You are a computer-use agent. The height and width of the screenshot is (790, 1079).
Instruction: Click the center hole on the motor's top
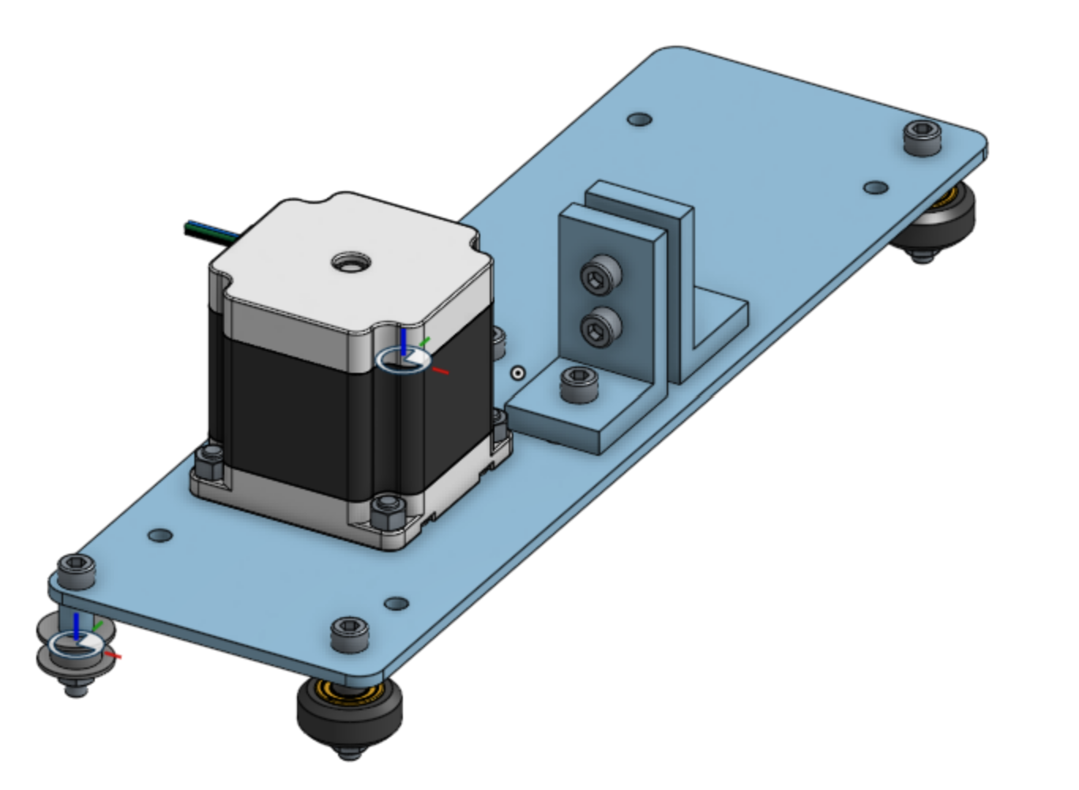pos(348,261)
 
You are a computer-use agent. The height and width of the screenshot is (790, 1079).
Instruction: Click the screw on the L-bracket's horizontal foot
pos(578,383)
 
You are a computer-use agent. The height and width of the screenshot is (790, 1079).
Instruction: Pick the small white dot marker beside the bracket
pos(517,373)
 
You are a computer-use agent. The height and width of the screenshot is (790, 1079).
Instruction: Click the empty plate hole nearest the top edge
pos(639,120)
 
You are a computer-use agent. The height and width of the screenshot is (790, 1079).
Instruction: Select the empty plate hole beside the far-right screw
pos(875,187)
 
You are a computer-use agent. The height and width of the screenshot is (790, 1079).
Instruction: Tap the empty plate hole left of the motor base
pos(160,535)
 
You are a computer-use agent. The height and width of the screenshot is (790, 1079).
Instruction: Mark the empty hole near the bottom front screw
pos(396,604)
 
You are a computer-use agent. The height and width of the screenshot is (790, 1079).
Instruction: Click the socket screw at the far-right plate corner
pos(922,137)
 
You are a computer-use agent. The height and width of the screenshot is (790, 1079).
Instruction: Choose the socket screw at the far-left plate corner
pos(76,570)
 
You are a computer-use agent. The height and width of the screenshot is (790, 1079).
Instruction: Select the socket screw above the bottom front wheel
pos(349,634)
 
